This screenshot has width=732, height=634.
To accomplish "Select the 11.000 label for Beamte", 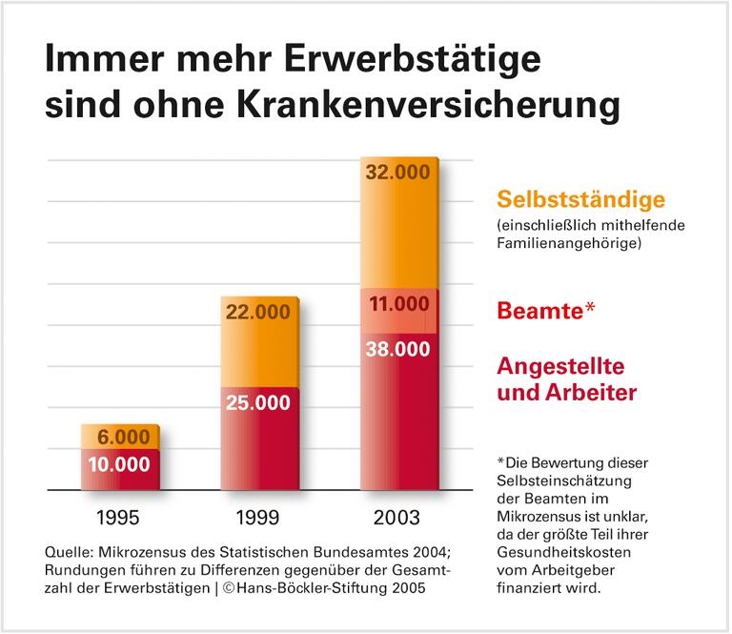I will (398, 304).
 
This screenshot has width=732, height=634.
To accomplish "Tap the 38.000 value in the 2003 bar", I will (398, 349).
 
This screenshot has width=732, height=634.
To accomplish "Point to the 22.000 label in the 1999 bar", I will (258, 312).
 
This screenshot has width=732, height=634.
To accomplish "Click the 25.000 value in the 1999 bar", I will (258, 402).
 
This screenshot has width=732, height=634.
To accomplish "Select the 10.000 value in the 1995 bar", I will (119, 464).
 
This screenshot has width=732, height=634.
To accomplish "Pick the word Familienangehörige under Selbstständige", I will (569, 244).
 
